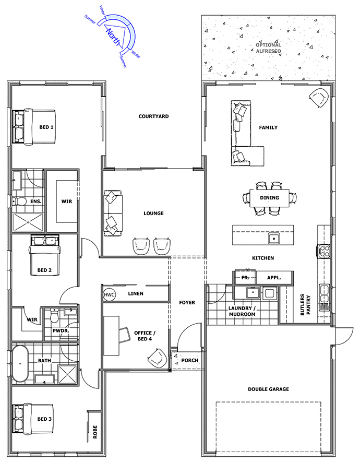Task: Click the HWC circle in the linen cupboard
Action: pyautogui.click(x=109, y=294)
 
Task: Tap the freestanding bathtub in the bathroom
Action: pyautogui.click(x=20, y=363)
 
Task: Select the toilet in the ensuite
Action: pyautogui.click(x=18, y=202)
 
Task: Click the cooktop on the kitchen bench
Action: pyautogui.click(x=324, y=252)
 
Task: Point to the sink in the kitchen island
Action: pyautogui.click(x=274, y=238)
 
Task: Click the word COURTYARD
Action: pyautogui.click(x=154, y=116)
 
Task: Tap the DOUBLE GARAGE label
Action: pyautogui.click(x=268, y=389)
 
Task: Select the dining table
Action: pyautogui.click(x=269, y=198)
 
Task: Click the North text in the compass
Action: pyautogui.click(x=114, y=37)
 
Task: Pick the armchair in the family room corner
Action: pyautogui.click(x=319, y=97)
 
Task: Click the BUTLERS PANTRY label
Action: pyautogui.click(x=305, y=305)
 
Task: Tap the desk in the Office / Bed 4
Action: pyautogui.click(x=112, y=336)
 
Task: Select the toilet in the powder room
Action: pyautogui.click(x=54, y=315)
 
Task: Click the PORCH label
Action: pyautogui.click(x=189, y=360)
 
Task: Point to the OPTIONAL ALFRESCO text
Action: pyautogui.click(x=268, y=48)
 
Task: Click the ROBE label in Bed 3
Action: pyautogui.click(x=95, y=432)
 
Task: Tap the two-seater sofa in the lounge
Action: pyautogui.click(x=113, y=214)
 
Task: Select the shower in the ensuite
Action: pyautogui.click(x=28, y=222)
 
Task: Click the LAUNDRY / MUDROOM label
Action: pyautogui.click(x=242, y=311)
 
